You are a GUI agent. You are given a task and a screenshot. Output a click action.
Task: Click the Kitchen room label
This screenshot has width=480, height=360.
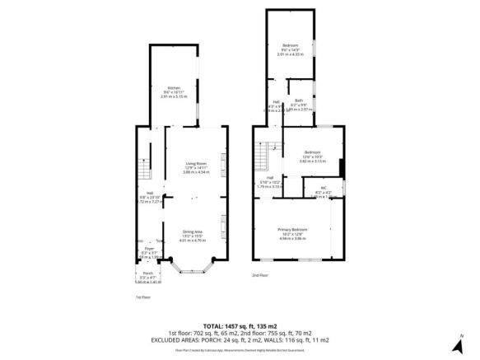pos(174,88)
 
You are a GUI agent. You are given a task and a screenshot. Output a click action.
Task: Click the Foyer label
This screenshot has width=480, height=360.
pos(150,248)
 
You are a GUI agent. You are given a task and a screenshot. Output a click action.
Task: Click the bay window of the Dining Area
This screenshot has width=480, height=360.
pos(193,265)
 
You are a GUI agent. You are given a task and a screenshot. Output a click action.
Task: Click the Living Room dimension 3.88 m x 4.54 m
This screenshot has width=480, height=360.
pos(196,172)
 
